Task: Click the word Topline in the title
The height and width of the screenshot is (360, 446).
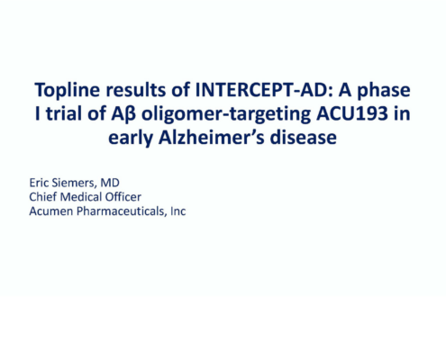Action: click(x=67, y=90)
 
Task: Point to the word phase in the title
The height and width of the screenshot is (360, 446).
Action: click(x=384, y=90)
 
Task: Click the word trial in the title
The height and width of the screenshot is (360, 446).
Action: click(x=64, y=113)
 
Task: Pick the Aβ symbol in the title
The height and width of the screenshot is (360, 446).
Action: click(x=123, y=114)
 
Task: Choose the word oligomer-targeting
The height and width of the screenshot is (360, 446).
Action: click(x=226, y=114)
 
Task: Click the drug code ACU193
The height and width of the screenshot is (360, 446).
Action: click(x=352, y=113)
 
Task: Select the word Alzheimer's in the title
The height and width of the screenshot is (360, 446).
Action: click(x=212, y=138)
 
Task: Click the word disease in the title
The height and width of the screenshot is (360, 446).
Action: click(x=303, y=138)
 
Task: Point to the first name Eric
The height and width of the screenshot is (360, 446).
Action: click(x=37, y=183)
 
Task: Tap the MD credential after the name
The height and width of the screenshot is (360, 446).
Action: click(x=110, y=183)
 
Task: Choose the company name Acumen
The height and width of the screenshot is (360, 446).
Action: click(x=51, y=211)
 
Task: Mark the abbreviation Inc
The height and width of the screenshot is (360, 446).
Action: click(x=178, y=211)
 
